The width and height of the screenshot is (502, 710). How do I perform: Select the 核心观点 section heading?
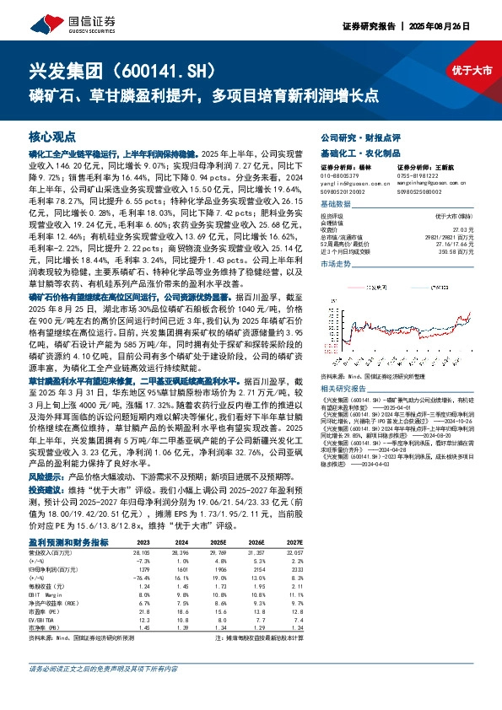[52, 136]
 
